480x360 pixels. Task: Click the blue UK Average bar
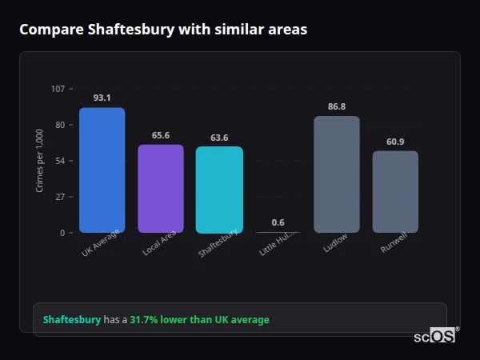click(102, 170)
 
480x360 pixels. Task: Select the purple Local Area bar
click(161, 188)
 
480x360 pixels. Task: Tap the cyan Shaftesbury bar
click(219, 190)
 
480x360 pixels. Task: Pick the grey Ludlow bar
click(337, 174)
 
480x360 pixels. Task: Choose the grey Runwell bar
click(395, 191)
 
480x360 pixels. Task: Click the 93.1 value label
click(102, 98)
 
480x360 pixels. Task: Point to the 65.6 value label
click(161, 135)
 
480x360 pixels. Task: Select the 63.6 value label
click(219, 138)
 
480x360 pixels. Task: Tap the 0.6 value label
click(278, 222)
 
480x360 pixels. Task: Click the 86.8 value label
click(337, 106)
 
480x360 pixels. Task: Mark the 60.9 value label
click(395, 142)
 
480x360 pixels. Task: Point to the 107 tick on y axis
click(58, 89)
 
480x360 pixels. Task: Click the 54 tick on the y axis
click(60, 161)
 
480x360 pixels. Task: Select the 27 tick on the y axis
click(60, 197)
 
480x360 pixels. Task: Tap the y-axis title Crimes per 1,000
click(40, 161)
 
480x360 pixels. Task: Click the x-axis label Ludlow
click(335, 243)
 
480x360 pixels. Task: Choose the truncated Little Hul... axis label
click(278, 245)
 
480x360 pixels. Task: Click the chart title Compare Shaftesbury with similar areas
click(163, 30)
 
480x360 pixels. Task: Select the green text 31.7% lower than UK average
click(199, 320)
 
